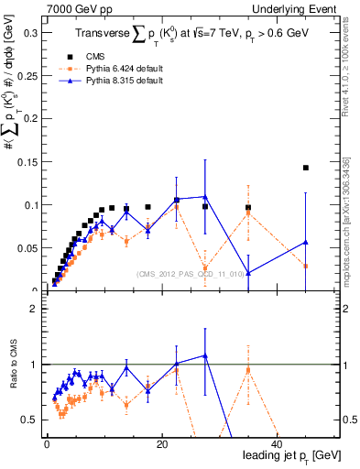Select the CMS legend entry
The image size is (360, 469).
coord(107,55)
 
